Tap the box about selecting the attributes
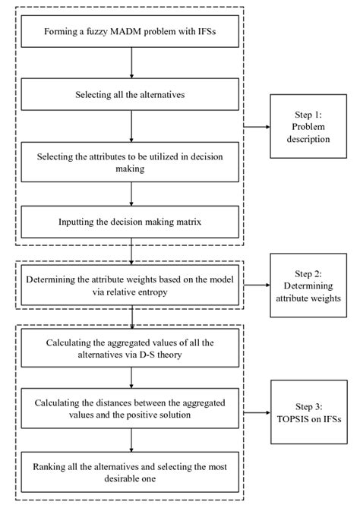(132, 162)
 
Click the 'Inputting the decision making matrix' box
(132, 223)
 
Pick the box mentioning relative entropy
(132, 286)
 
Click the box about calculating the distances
(132, 409)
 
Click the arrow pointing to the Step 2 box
(257, 286)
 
